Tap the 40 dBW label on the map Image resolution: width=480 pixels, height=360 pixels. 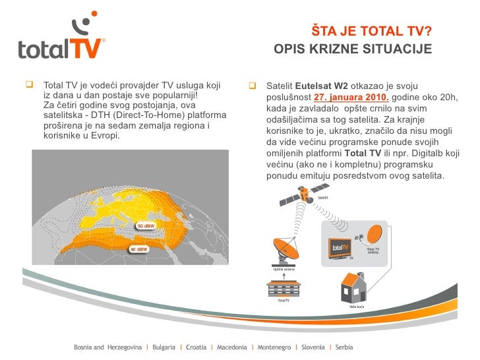(x=138, y=249)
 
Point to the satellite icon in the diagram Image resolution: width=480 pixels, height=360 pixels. (x=305, y=195)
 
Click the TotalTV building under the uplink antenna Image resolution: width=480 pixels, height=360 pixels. (x=284, y=288)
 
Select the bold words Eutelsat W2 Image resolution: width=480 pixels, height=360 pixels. (x=321, y=86)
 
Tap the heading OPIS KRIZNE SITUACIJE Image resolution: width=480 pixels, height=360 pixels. (x=353, y=49)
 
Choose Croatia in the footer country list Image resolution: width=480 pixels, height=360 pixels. (x=196, y=347)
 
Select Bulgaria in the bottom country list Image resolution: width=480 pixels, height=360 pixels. (x=164, y=347)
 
